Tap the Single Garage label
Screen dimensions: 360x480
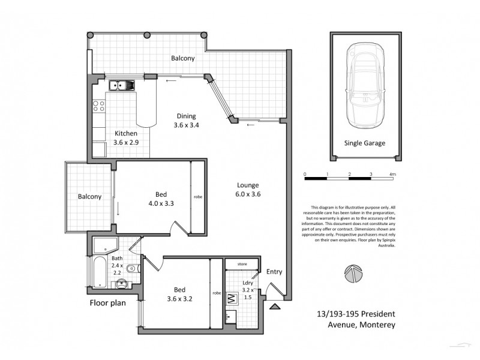[x=364, y=143]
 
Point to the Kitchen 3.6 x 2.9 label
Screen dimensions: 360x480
[x=126, y=138]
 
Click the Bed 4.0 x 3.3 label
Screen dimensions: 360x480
[x=161, y=199]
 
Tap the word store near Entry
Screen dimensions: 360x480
[x=242, y=263]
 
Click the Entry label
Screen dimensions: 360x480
[x=274, y=272]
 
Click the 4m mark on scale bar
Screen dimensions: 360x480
[x=393, y=173]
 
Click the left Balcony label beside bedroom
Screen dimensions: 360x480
[x=89, y=196]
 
